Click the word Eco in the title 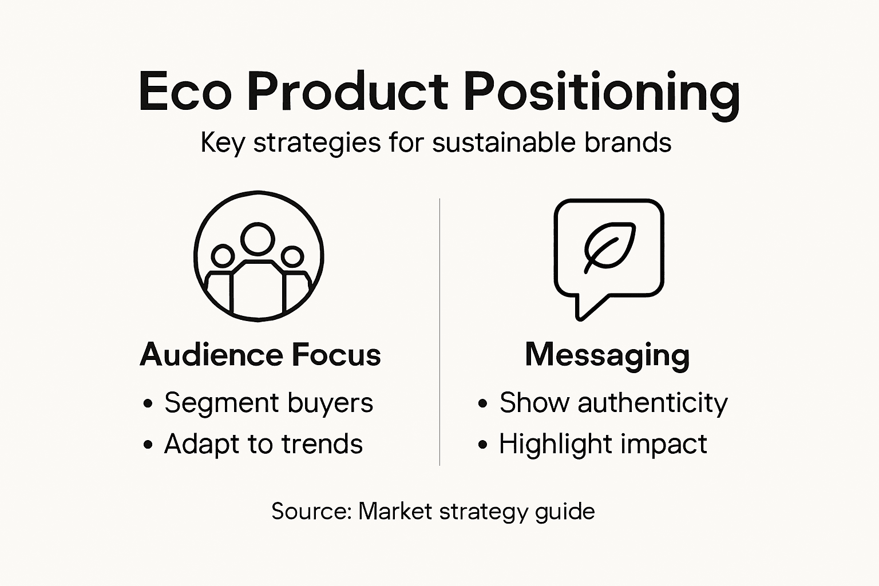point(185,92)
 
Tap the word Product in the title point(347,92)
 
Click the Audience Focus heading point(260,355)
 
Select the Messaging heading point(607,355)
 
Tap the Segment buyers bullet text point(268,403)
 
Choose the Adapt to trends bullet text point(263,444)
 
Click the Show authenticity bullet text point(613,403)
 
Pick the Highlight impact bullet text point(603,444)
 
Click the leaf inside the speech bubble point(610,246)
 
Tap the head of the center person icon point(258,239)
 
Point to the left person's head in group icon point(223,256)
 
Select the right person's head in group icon point(292,256)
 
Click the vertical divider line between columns point(439,332)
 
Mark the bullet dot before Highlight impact point(482,445)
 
